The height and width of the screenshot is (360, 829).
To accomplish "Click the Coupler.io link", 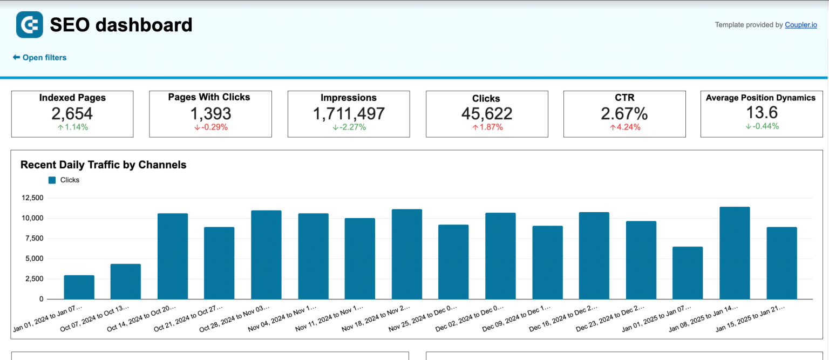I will (x=800, y=25).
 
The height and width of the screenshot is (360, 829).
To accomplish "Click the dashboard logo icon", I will (x=30, y=25).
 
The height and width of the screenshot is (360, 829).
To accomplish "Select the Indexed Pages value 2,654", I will (x=72, y=113).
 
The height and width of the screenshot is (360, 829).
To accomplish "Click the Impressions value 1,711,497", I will (x=349, y=113).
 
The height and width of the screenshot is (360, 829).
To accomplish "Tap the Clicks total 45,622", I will (x=487, y=113).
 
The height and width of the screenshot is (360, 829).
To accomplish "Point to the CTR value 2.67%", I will (x=624, y=113).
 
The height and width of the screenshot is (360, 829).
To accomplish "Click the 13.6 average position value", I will (x=762, y=112).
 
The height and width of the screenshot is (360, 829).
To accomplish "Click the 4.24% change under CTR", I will (x=624, y=127).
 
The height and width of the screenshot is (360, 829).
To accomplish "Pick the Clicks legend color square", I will (x=52, y=180).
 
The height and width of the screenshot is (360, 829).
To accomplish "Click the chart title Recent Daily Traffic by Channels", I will (x=103, y=165).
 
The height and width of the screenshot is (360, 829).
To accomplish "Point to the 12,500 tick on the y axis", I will (x=32, y=198).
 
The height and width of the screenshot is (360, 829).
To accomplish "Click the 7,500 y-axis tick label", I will (x=33, y=239).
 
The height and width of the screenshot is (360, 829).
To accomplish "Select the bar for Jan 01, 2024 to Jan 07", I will (x=79, y=287).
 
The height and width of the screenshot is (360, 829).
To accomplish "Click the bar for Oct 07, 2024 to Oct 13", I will (x=126, y=281).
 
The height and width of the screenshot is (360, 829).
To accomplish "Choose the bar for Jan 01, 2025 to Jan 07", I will (x=688, y=273).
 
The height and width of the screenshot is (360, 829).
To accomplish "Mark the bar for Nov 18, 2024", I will (x=407, y=254).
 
